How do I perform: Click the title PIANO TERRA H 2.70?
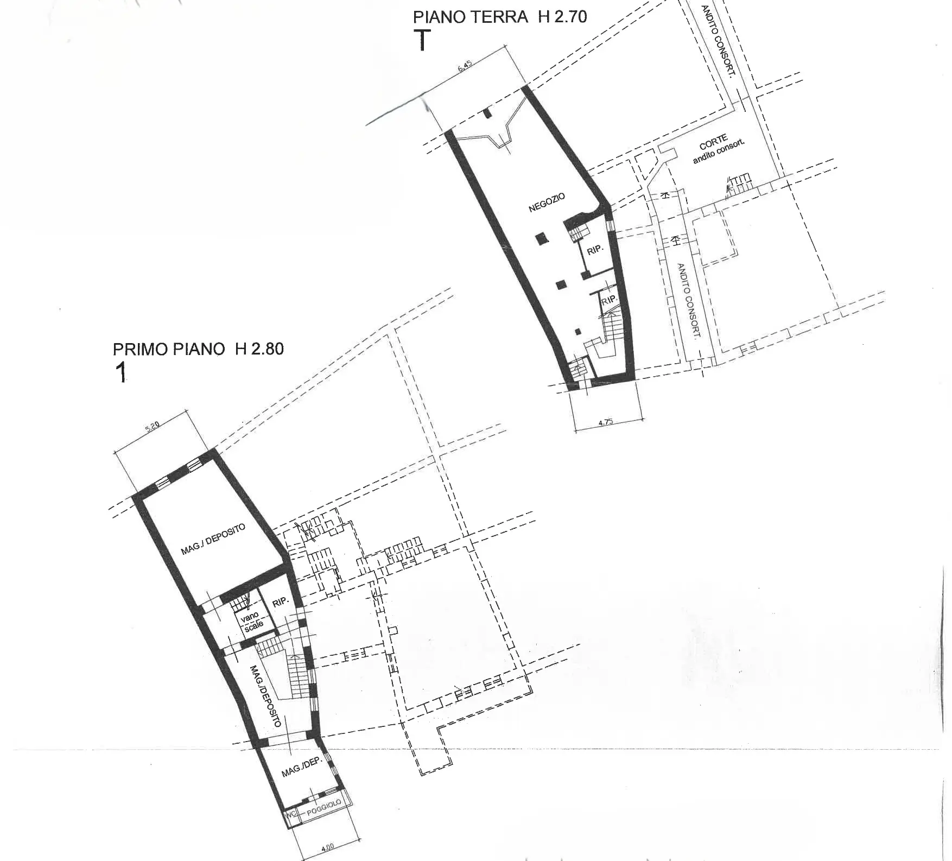click(500, 17)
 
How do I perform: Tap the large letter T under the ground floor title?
click(422, 40)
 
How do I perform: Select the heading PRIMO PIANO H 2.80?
click(198, 349)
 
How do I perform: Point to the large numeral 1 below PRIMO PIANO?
click(122, 372)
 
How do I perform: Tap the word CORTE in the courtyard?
click(713, 143)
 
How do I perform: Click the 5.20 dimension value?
click(153, 427)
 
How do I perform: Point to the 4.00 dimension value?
click(327, 846)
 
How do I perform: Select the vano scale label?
click(252, 621)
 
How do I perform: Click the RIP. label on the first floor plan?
click(280, 603)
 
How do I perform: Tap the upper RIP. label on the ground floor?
click(595, 250)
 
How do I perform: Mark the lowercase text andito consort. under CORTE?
click(719, 152)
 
